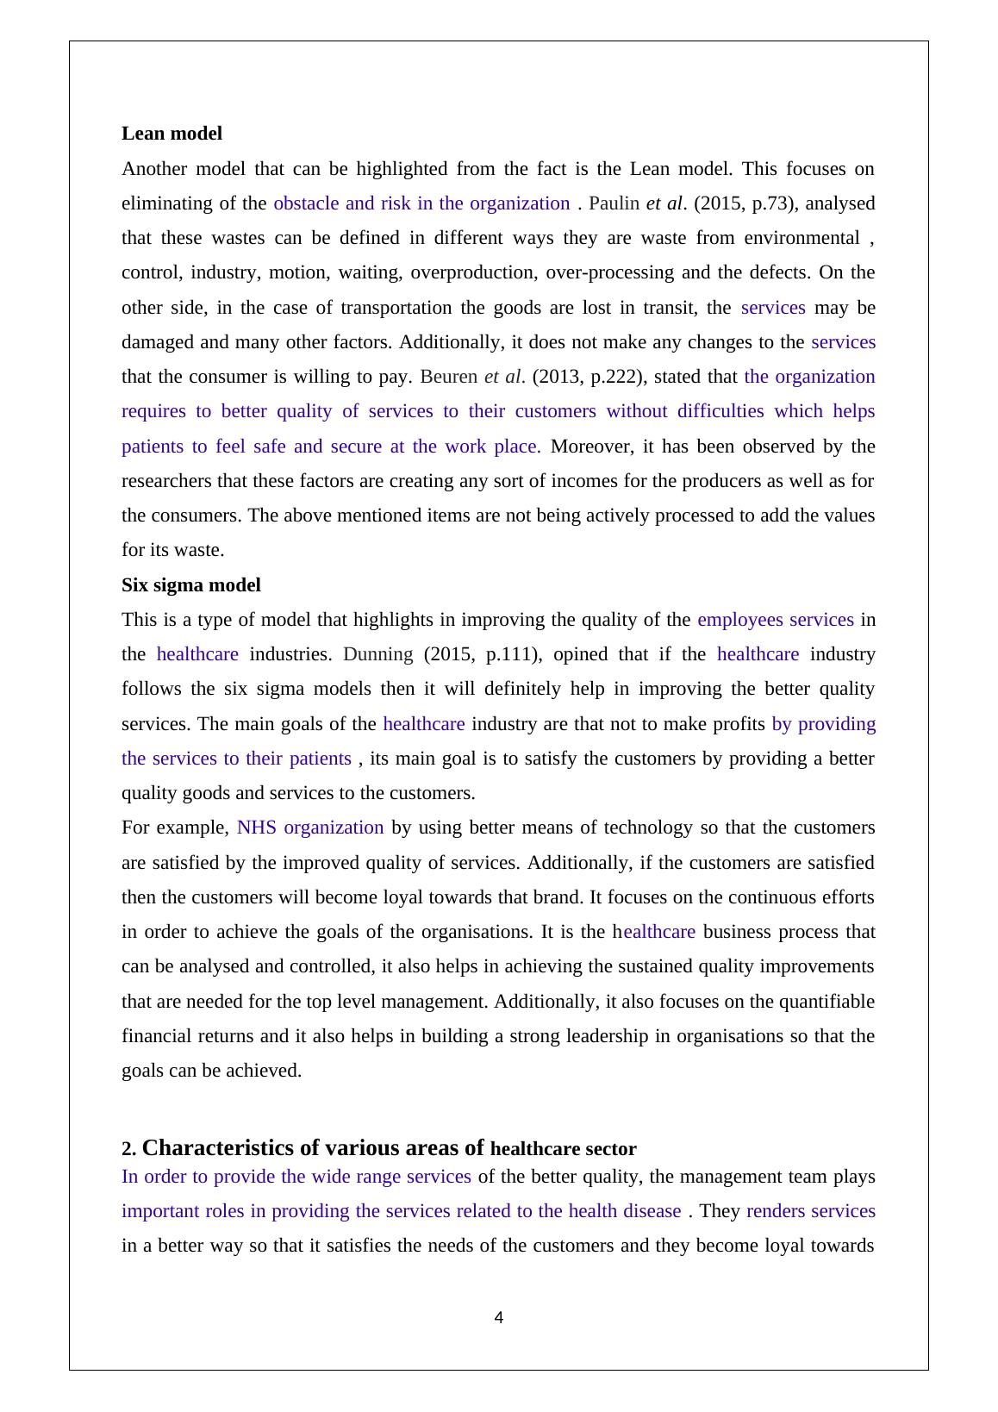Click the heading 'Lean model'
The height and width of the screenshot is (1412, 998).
[x=172, y=134]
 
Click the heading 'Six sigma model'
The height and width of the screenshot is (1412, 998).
[x=190, y=585]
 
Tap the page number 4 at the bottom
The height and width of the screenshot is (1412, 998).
[x=499, y=1317]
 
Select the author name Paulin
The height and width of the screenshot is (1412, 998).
[x=614, y=203]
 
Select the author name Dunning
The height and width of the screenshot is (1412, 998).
[x=378, y=654]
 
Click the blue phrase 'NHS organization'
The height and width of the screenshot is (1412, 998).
[x=310, y=828]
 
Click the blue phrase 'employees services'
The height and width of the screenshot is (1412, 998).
[x=776, y=620]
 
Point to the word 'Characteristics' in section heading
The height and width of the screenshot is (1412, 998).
[x=218, y=1148]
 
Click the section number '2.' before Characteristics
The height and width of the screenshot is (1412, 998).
[x=128, y=1149]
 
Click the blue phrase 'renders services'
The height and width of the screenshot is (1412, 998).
[x=811, y=1211]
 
